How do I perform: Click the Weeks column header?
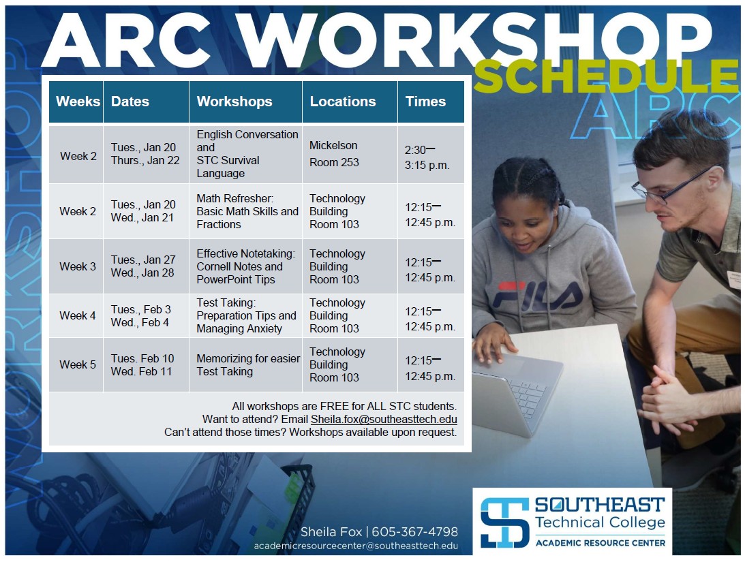(x=78, y=102)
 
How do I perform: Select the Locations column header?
(x=342, y=102)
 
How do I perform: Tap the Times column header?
(x=425, y=102)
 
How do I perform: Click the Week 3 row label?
(x=78, y=266)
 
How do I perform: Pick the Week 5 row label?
(x=78, y=364)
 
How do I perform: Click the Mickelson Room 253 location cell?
(x=334, y=154)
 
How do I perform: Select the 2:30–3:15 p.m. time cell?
(x=427, y=157)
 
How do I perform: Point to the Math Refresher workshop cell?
(x=247, y=211)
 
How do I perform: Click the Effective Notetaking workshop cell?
(x=245, y=266)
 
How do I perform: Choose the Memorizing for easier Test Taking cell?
(x=247, y=364)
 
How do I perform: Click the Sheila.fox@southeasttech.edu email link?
(x=384, y=420)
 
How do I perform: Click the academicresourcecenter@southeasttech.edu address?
(x=356, y=546)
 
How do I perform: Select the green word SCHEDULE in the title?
(x=605, y=76)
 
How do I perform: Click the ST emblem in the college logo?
(x=504, y=522)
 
